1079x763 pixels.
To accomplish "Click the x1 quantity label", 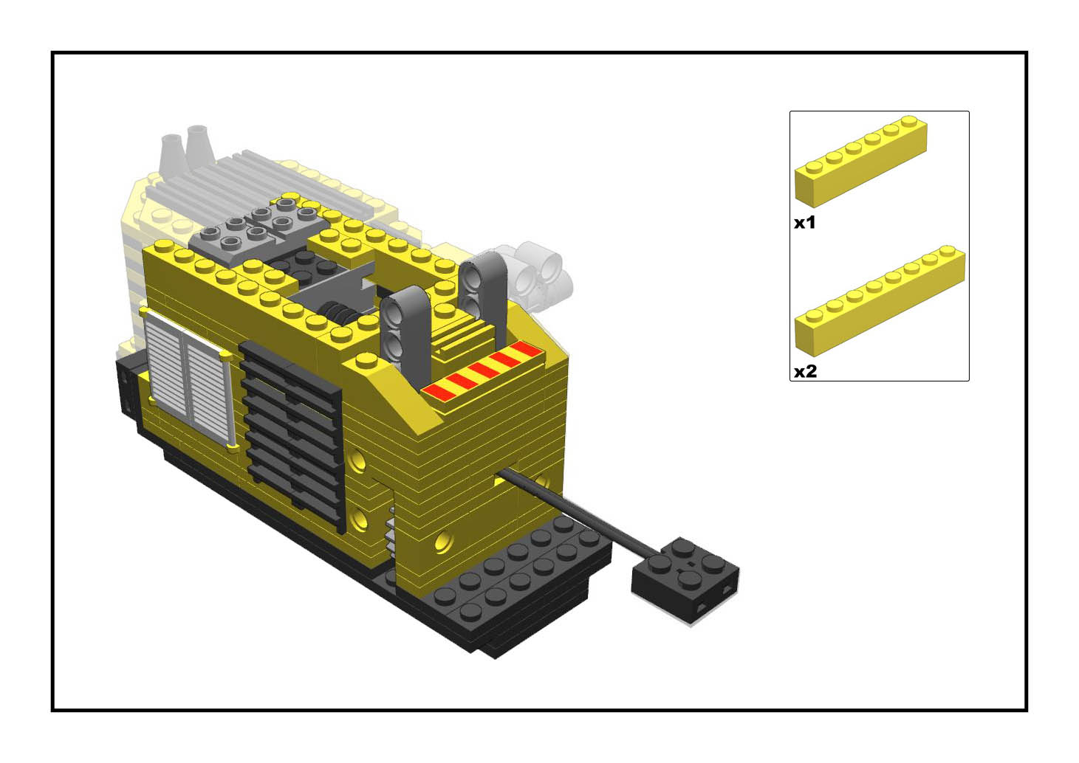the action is [804, 222].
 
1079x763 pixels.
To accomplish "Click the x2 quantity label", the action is [806, 371].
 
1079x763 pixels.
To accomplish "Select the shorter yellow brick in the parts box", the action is [861, 162].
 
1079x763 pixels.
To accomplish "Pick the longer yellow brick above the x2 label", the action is [880, 300].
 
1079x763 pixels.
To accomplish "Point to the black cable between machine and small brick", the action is [578, 511].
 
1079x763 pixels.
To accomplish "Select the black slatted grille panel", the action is [292, 435].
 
